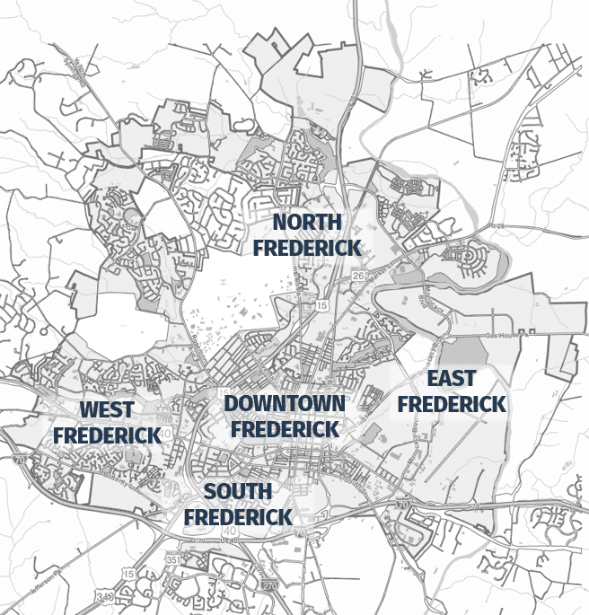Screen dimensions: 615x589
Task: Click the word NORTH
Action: click(307, 222)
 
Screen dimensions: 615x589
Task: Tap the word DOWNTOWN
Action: click(285, 403)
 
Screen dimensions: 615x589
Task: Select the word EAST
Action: click(452, 378)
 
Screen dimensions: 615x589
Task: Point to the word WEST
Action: click(107, 410)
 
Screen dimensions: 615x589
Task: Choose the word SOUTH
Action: click(238, 491)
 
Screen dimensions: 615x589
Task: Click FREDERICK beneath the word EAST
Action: click(452, 405)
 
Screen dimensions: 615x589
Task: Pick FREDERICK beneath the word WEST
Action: click(107, 435)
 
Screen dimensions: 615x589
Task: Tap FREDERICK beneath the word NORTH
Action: click(307, 247)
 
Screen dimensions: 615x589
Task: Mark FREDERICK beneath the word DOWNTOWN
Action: click(285, 429)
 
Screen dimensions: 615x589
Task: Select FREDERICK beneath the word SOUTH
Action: click(238, 517)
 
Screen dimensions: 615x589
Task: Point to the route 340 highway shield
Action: click(132, 593)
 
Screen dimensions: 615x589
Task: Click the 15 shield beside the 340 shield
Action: click(128, 574)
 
